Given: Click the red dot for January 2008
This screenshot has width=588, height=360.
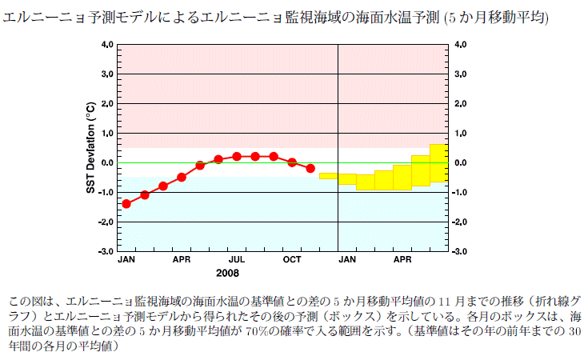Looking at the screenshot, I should coord(126,204).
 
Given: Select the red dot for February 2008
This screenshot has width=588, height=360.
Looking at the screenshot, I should coord(145,195).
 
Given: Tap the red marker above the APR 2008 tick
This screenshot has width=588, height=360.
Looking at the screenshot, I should coord(182,177).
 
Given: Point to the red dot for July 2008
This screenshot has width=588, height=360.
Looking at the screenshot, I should coord(237,157).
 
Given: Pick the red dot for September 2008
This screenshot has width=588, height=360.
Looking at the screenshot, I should coord(274,157).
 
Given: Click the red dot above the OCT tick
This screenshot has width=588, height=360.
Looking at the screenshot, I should coord(292,162).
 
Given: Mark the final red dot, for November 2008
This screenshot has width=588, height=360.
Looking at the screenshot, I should coord(310,169).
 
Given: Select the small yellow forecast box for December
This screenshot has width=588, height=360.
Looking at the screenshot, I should coord(328,175).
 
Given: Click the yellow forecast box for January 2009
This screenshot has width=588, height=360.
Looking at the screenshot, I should coord(346,178).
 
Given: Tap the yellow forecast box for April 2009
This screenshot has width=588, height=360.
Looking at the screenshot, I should coord(402,178).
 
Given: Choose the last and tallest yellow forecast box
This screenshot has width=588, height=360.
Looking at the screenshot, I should coord(438,163).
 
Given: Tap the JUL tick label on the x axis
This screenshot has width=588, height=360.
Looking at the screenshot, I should coord(236,261).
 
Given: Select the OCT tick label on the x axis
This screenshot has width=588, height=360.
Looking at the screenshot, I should coord(291,261).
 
